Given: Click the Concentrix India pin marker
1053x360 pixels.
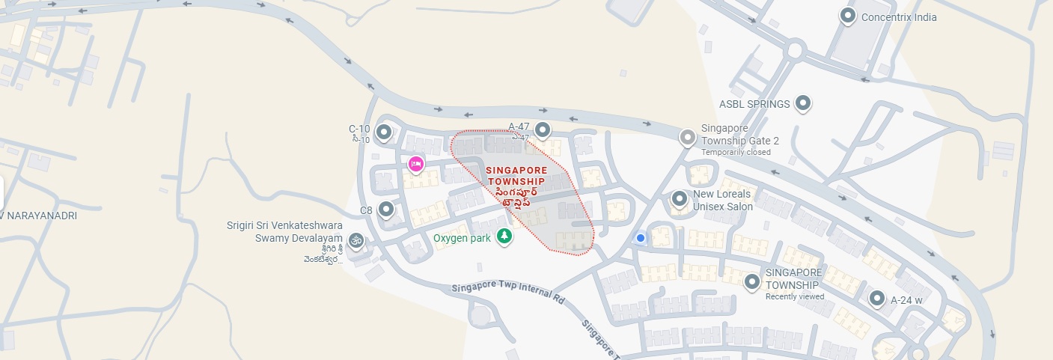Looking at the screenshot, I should tap(847, 16).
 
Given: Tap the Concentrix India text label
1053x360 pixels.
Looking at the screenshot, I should tap(899, 17).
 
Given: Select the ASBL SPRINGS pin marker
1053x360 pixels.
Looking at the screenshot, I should tap(803, 103).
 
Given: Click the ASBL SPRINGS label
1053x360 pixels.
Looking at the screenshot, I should tap(754, 104).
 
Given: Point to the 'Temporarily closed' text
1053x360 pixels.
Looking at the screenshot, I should tap(736, 152).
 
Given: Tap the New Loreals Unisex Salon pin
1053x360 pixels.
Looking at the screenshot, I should tap(679, 199).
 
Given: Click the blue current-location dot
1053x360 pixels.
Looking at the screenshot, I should tap(640, 238).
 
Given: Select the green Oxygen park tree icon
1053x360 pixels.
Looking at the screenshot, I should tap(505, 237).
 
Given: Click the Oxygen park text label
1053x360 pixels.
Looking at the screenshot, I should tap(462, 239).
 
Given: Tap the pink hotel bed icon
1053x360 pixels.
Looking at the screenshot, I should tap(416, 163).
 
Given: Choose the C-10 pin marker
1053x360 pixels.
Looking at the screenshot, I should tap(384, 132).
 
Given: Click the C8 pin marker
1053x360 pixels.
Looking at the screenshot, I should tap(386, 210).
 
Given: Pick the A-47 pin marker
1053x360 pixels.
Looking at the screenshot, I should tap(543, 129).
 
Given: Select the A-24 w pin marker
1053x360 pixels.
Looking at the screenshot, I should tap(877, 299).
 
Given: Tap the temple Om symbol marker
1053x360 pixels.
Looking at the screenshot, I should tap(355, 240).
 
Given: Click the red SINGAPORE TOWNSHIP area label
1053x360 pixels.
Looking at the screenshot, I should tap(516, 176).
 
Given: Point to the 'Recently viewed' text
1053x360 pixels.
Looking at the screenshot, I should tap(794, 296).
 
